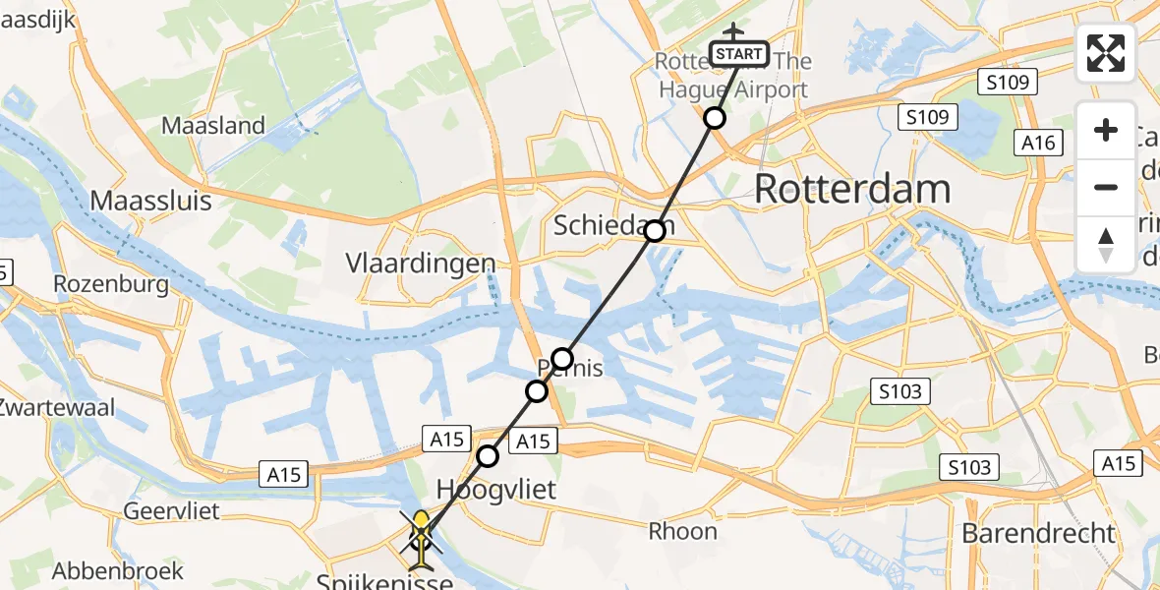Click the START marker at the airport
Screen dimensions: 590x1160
738,53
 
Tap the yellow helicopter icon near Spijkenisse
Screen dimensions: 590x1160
421,539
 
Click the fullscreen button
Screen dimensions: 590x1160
1106,53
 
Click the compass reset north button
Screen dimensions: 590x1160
1106,244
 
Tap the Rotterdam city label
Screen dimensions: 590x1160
852,189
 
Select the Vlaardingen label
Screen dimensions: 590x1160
420,263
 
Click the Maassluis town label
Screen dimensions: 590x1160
150,201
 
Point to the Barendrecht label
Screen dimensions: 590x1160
1039,534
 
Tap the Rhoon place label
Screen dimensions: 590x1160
682,532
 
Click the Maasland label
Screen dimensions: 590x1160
213,126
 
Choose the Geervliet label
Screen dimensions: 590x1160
171,511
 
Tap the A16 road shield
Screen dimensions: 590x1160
1038,144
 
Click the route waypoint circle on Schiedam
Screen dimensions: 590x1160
655,232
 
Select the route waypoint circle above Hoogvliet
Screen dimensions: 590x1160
488,455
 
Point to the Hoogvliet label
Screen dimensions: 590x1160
495,490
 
